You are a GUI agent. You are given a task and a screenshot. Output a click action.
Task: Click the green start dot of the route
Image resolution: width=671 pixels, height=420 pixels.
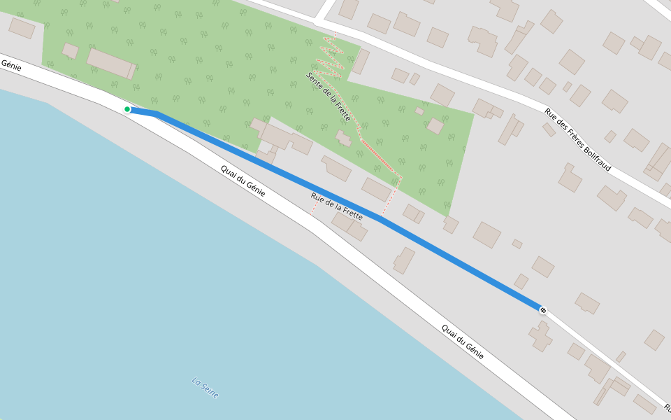[x=127, y=109]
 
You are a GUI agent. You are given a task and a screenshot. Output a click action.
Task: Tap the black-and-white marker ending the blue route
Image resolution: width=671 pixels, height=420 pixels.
[x=543, y=309]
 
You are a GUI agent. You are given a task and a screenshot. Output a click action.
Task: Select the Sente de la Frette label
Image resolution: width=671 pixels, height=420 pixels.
[x=329, y=97]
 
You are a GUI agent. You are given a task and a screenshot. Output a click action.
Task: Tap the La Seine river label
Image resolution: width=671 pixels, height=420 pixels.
[x=205, y=388]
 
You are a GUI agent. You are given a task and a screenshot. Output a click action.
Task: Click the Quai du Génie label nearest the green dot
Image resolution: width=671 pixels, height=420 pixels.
[x=243, y=181]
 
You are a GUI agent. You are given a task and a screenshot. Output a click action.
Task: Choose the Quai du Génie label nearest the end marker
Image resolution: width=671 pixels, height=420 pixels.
[x=463, y=342]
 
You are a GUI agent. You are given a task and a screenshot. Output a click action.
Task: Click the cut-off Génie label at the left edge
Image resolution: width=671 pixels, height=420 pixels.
[x=10, y=65]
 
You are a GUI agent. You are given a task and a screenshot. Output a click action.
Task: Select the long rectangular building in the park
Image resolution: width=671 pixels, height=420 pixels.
[x=110, y=63]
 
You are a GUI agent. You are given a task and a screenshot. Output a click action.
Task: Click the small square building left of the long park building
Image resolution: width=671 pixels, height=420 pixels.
[x=71, y=50]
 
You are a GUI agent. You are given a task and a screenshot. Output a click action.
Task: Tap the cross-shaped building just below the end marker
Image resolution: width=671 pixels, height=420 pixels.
[x=540, y=335]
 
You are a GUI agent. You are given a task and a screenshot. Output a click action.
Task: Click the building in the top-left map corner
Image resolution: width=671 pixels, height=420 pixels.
[x=22, y=28]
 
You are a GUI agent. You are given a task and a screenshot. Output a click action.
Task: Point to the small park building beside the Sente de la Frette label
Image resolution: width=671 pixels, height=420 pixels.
[x=343, y=138]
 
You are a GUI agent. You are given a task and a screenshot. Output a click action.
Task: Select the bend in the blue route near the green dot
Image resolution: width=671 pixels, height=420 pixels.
[x=155, y=113]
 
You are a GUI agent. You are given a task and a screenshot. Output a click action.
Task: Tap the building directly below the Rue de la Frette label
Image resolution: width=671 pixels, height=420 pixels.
[x=349, y=225]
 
